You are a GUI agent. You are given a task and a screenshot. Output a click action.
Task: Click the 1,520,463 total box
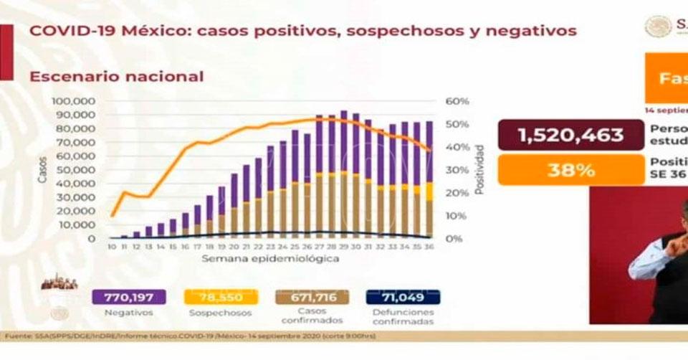570,134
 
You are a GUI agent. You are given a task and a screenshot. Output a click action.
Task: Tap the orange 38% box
570,171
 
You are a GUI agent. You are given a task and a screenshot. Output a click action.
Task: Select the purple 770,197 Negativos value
129,297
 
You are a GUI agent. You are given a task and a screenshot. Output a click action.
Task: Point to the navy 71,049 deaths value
403,297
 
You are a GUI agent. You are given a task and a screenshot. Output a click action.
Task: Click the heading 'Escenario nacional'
116,77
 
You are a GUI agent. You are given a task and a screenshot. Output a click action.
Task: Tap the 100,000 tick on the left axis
74,101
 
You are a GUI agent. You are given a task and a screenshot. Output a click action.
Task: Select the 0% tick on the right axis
454,238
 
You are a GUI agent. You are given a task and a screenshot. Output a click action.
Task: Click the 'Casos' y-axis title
42,170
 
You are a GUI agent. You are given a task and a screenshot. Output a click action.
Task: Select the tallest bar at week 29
344,174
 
